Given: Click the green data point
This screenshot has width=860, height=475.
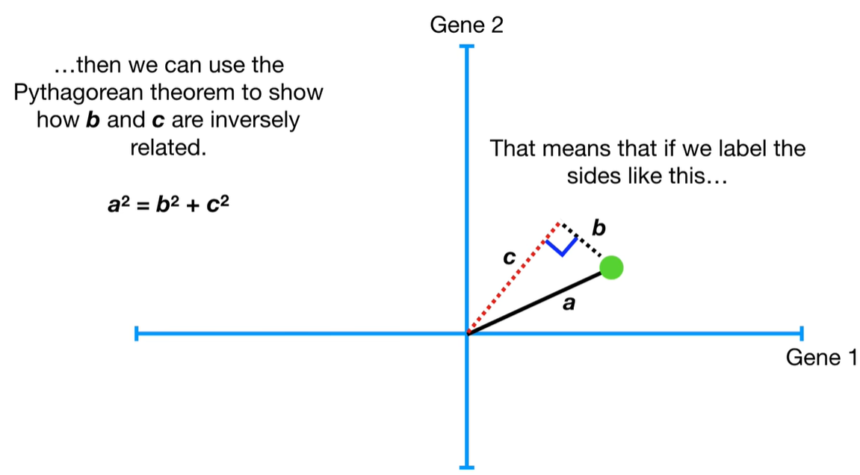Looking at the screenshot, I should [x=611, y=267].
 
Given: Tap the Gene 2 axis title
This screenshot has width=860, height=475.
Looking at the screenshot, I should [x=468, y=26].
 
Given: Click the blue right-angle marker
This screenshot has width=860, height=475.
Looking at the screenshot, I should [x=562, y=246].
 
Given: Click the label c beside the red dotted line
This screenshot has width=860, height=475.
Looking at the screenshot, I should [x=509, y=258].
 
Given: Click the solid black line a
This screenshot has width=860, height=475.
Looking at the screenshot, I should [x=535, y=302].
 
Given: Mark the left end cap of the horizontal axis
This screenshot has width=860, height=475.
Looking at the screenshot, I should [x=137, y=333].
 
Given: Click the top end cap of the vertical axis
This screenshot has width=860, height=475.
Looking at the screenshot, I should [x=467, y=47].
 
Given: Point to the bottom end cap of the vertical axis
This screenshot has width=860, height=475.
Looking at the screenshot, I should [x=467, y=466].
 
